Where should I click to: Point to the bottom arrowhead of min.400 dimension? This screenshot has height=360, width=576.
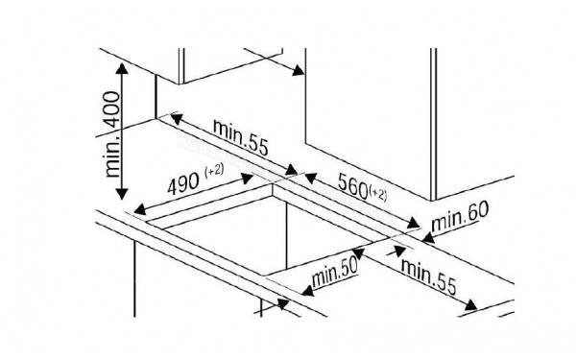coord(122,198)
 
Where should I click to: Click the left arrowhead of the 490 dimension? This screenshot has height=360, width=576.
coord(136,208)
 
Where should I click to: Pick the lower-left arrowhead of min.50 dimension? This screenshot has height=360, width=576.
coord(284,304)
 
